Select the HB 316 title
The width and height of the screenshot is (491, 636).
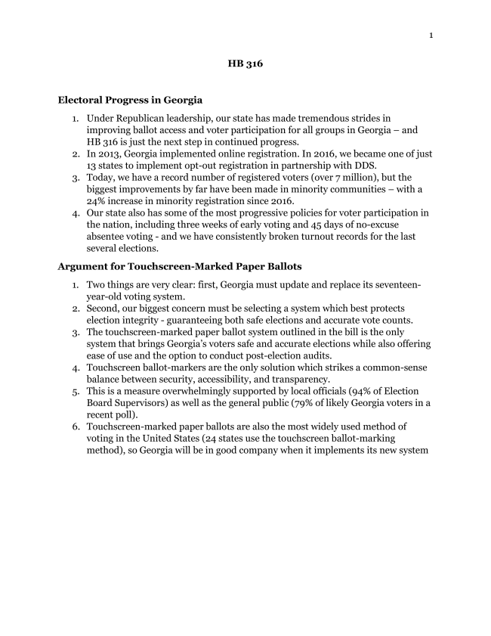click(x=245, y=64)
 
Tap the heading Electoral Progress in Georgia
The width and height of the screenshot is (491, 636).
click(x=130, y=100)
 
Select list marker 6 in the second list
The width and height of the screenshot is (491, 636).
click(x=76, y=427)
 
